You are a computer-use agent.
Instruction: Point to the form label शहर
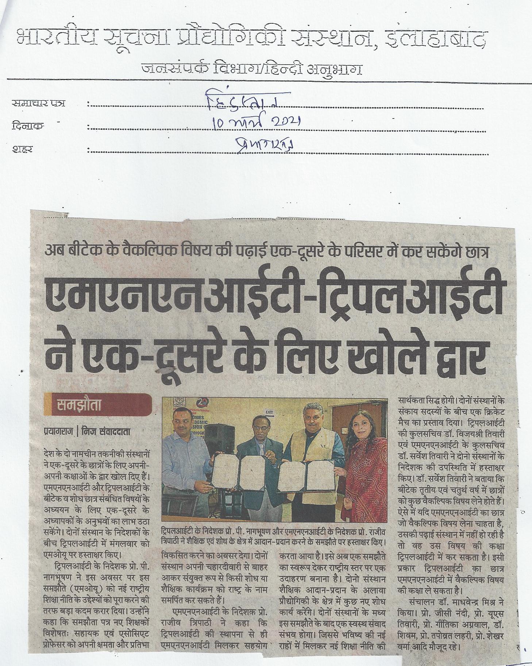pyautogui.click(x=23, y=149)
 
